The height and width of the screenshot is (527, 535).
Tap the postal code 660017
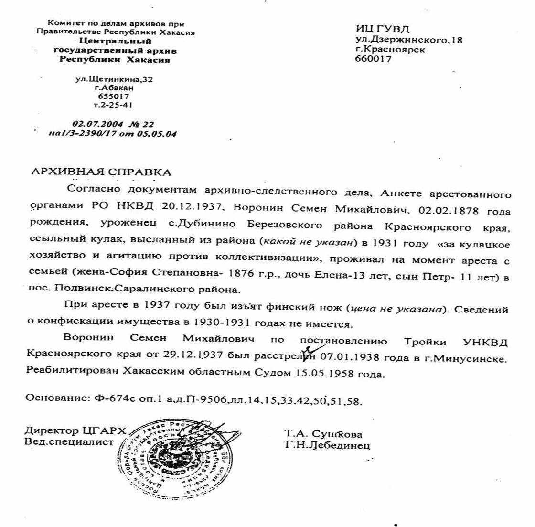(373, 59)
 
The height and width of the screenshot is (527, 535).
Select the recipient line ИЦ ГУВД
(382, 30)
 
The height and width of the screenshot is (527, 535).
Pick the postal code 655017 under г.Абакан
(114, 96)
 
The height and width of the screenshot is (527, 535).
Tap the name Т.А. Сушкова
(323, 434)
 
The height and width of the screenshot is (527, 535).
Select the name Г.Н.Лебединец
(327, 445)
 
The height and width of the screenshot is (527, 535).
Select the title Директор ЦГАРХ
(75, 431)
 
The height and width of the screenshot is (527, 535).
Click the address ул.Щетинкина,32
(114, 79)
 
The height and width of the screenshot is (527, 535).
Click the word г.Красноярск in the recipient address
(390, 50)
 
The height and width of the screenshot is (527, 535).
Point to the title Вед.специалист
(69, 441)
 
